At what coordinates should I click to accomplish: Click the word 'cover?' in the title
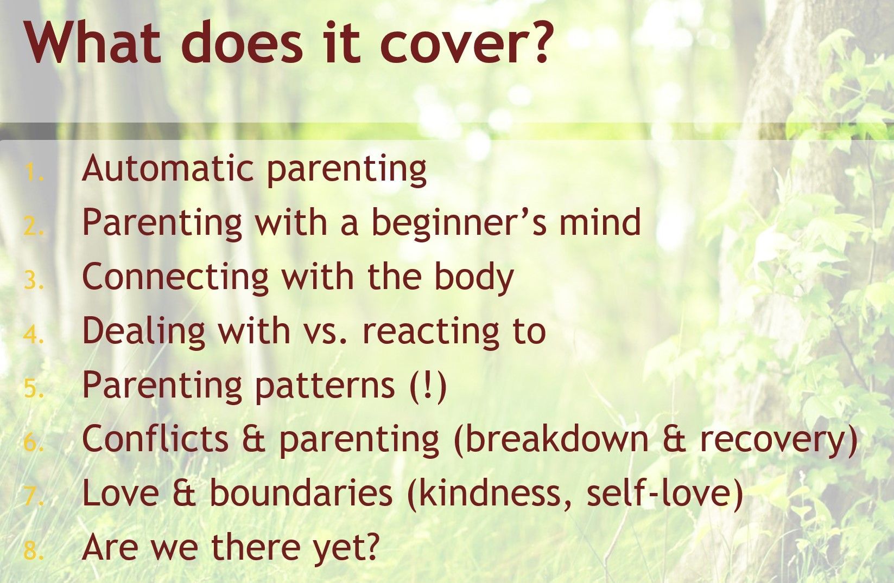coord(465,42)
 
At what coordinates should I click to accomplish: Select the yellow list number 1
coord(34,172)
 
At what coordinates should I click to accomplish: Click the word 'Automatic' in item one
coord(168,168)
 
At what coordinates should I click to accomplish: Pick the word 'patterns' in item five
coord(325,386)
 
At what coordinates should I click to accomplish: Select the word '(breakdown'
coord(551,440)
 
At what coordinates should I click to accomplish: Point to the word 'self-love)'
coord(664,494)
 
